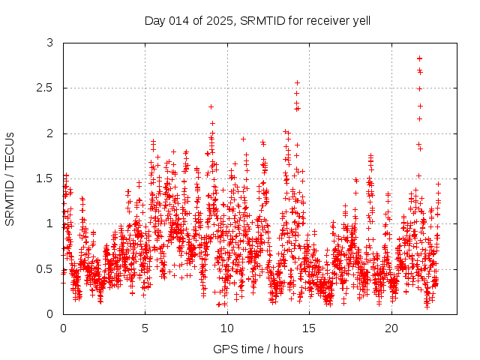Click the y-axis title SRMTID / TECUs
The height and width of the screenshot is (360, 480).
coord(10,178)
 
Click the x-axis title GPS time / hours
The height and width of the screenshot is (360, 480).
coord(258,349)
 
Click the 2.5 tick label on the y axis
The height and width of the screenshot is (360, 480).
coord(45,88)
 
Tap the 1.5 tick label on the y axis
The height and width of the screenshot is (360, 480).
coord(45,178)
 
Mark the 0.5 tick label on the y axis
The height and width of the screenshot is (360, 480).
coord(45,268)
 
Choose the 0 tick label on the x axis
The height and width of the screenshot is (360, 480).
coord(63,328)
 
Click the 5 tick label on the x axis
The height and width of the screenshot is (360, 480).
coord(145,328)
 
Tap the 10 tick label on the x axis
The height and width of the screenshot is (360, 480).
coord(227,328)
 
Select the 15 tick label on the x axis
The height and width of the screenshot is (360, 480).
coord(310,328)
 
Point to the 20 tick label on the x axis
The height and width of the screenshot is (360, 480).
coord(391,328)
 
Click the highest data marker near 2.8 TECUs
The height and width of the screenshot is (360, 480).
coord(419,58)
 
